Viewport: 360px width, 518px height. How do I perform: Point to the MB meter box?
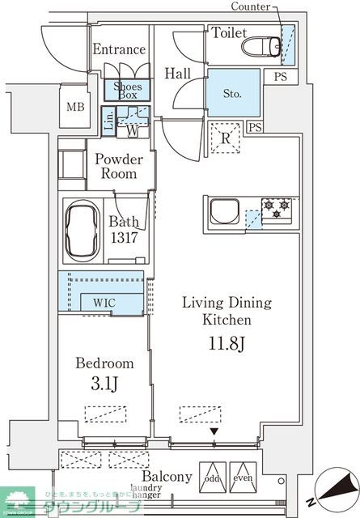[x=75, y=106]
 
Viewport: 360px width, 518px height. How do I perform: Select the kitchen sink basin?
[x=223, y=214]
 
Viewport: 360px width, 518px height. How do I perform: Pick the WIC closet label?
[x=103, y=303]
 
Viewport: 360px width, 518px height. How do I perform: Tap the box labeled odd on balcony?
[x=213, y=478]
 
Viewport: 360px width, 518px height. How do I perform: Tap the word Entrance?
[x=119, y=49]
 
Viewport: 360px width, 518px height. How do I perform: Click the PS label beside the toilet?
[x=280, y=77]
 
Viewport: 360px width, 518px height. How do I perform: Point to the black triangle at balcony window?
[x=214, y=432]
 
